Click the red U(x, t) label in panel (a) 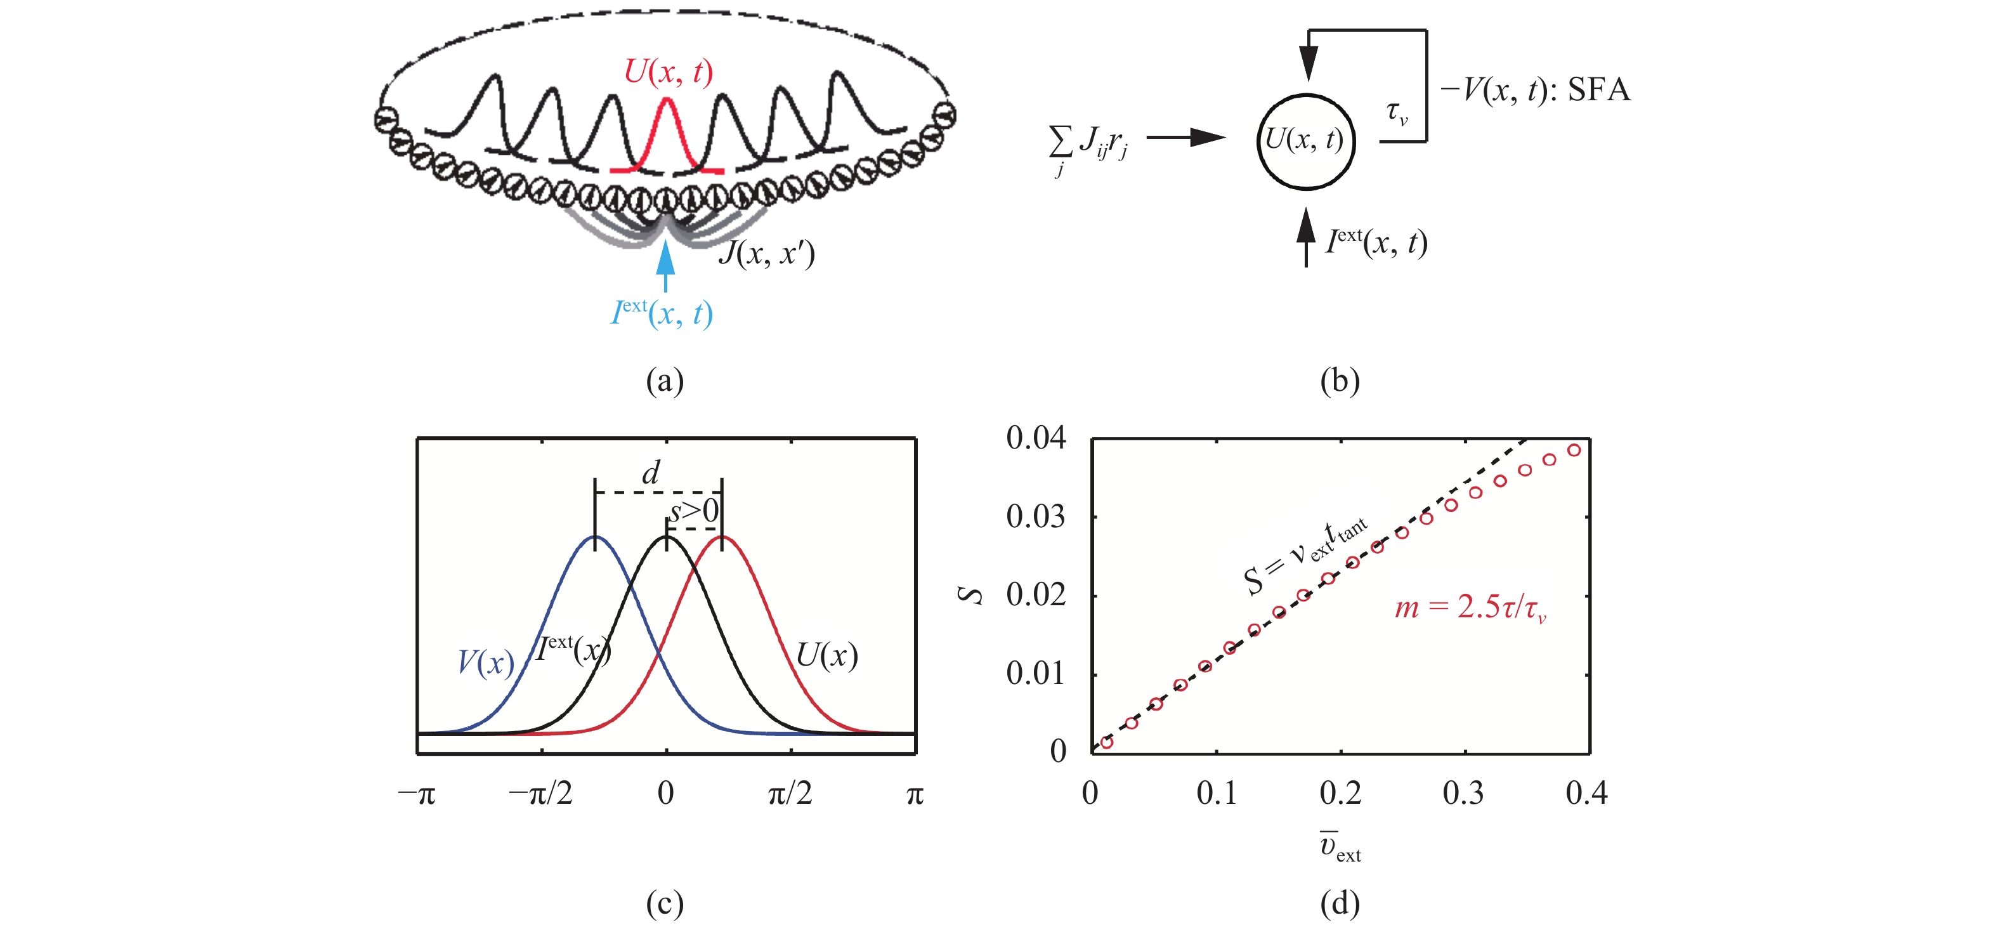(x=668, y=72)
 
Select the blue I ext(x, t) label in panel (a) (x=662, y=313)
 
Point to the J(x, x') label (x=766, y=253)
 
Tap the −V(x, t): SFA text (x=1535, y=91)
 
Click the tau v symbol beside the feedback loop (x=1397, y=114)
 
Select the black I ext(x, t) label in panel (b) (x=1376, y=242)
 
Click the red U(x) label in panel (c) (x=827, y=656)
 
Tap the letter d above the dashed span (x=651, y=473)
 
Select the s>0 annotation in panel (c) (x=694, y=512)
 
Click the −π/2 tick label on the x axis (x=540, y=794)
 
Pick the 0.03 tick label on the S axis (x=1035, y=517)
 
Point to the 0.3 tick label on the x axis (x=1463, y=794)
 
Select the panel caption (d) (x=1340, y=903)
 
